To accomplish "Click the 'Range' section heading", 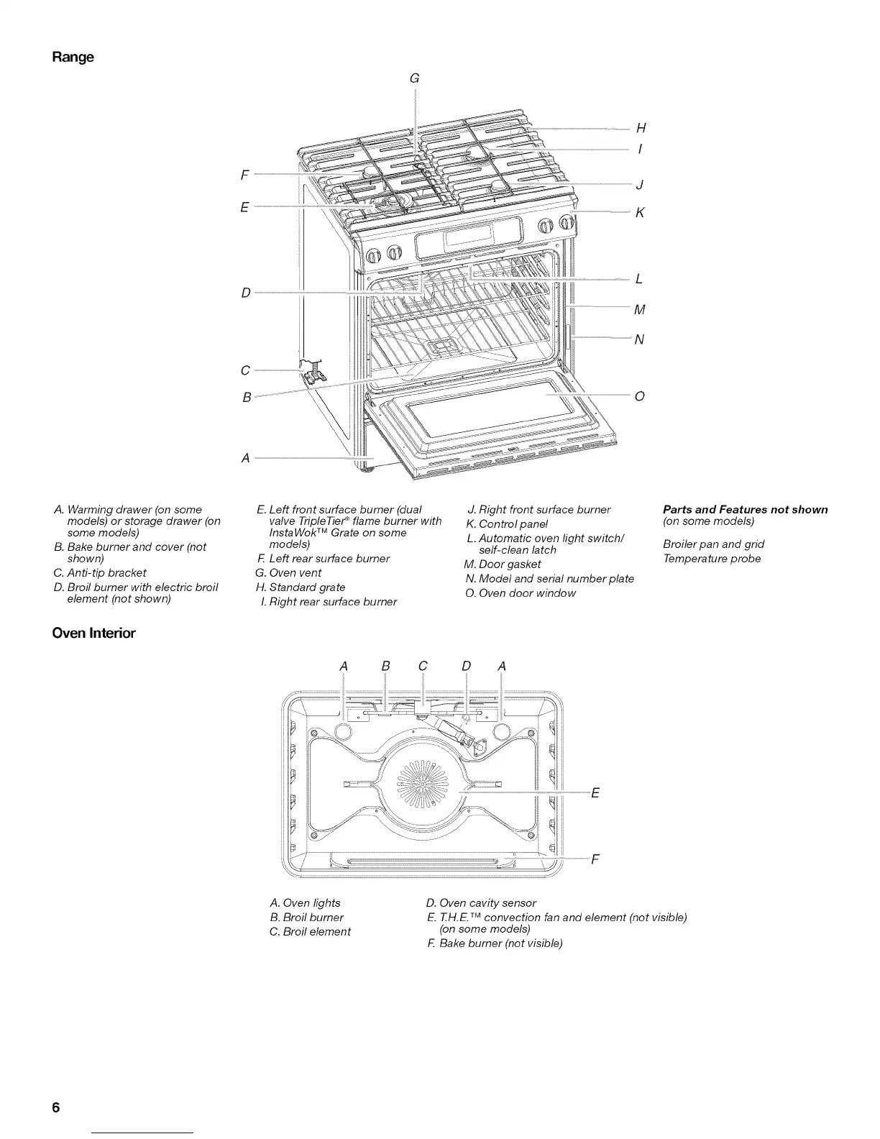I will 73,57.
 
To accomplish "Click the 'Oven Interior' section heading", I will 93,633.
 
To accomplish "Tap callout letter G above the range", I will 414,79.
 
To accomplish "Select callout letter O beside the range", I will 640,396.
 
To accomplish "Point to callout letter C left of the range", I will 245,370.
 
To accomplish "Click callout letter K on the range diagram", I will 640,213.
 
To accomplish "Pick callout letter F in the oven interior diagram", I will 595,859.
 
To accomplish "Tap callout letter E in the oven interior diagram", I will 595,793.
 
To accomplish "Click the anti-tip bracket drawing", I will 313,371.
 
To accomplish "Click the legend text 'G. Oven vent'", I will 288,573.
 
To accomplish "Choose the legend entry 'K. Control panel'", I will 507,524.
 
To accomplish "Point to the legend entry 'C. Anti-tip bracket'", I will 100,573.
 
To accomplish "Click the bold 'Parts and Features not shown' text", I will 745,510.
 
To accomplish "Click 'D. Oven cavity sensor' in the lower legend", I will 481,903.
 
